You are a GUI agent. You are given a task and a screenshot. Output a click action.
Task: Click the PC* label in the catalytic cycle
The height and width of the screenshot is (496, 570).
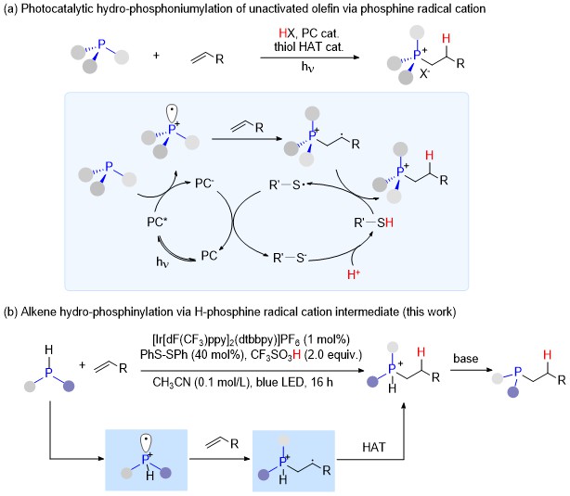click(x=157, y=222)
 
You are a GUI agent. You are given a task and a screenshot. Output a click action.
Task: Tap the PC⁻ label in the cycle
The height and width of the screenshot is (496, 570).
click(x=204, y=184)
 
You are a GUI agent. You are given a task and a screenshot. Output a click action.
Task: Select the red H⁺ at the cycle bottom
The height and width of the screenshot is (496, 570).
click(x=354, y=274)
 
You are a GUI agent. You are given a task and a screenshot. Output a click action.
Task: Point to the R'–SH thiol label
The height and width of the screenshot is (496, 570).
click(x=374, y=223)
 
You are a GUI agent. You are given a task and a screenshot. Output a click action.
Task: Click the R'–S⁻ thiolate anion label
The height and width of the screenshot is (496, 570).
click(x=290, y=258)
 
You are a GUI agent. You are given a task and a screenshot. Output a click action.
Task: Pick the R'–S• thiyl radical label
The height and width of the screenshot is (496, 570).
click(x=287, y=185)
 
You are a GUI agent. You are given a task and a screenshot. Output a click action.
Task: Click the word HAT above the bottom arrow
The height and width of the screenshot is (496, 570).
click(x=374, y=447)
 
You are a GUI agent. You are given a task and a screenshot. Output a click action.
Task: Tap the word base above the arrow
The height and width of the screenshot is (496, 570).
click(x=466, y=359)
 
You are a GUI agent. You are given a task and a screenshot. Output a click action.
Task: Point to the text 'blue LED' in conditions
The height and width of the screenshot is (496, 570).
click(x=277, y=382)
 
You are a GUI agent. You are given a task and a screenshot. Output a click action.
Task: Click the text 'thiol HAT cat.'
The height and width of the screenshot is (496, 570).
click(x=308, y=47)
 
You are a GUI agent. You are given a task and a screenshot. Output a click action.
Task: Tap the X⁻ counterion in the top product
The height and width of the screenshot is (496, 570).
click(x=424, y=74)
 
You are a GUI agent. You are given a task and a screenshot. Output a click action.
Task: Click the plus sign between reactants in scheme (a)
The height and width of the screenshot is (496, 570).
click(x=156, y=56)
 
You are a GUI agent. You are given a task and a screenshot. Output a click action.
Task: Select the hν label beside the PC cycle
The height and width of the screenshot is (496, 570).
click(x=162, y=261)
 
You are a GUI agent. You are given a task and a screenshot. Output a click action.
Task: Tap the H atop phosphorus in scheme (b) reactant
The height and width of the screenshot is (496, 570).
click(x=48, y=350)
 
